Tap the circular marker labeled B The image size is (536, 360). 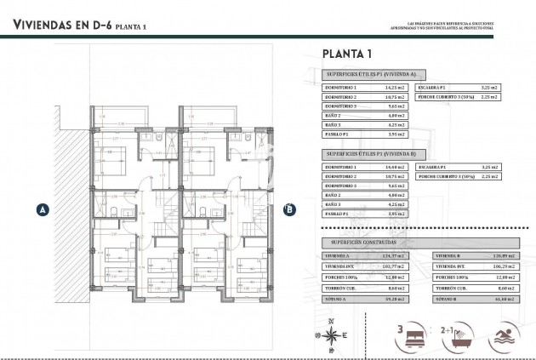pos(289,208)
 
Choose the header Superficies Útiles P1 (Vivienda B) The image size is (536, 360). pos(370,154)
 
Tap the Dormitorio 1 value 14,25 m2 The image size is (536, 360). pos(396,89)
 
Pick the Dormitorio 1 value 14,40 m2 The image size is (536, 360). pos(396,167)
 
